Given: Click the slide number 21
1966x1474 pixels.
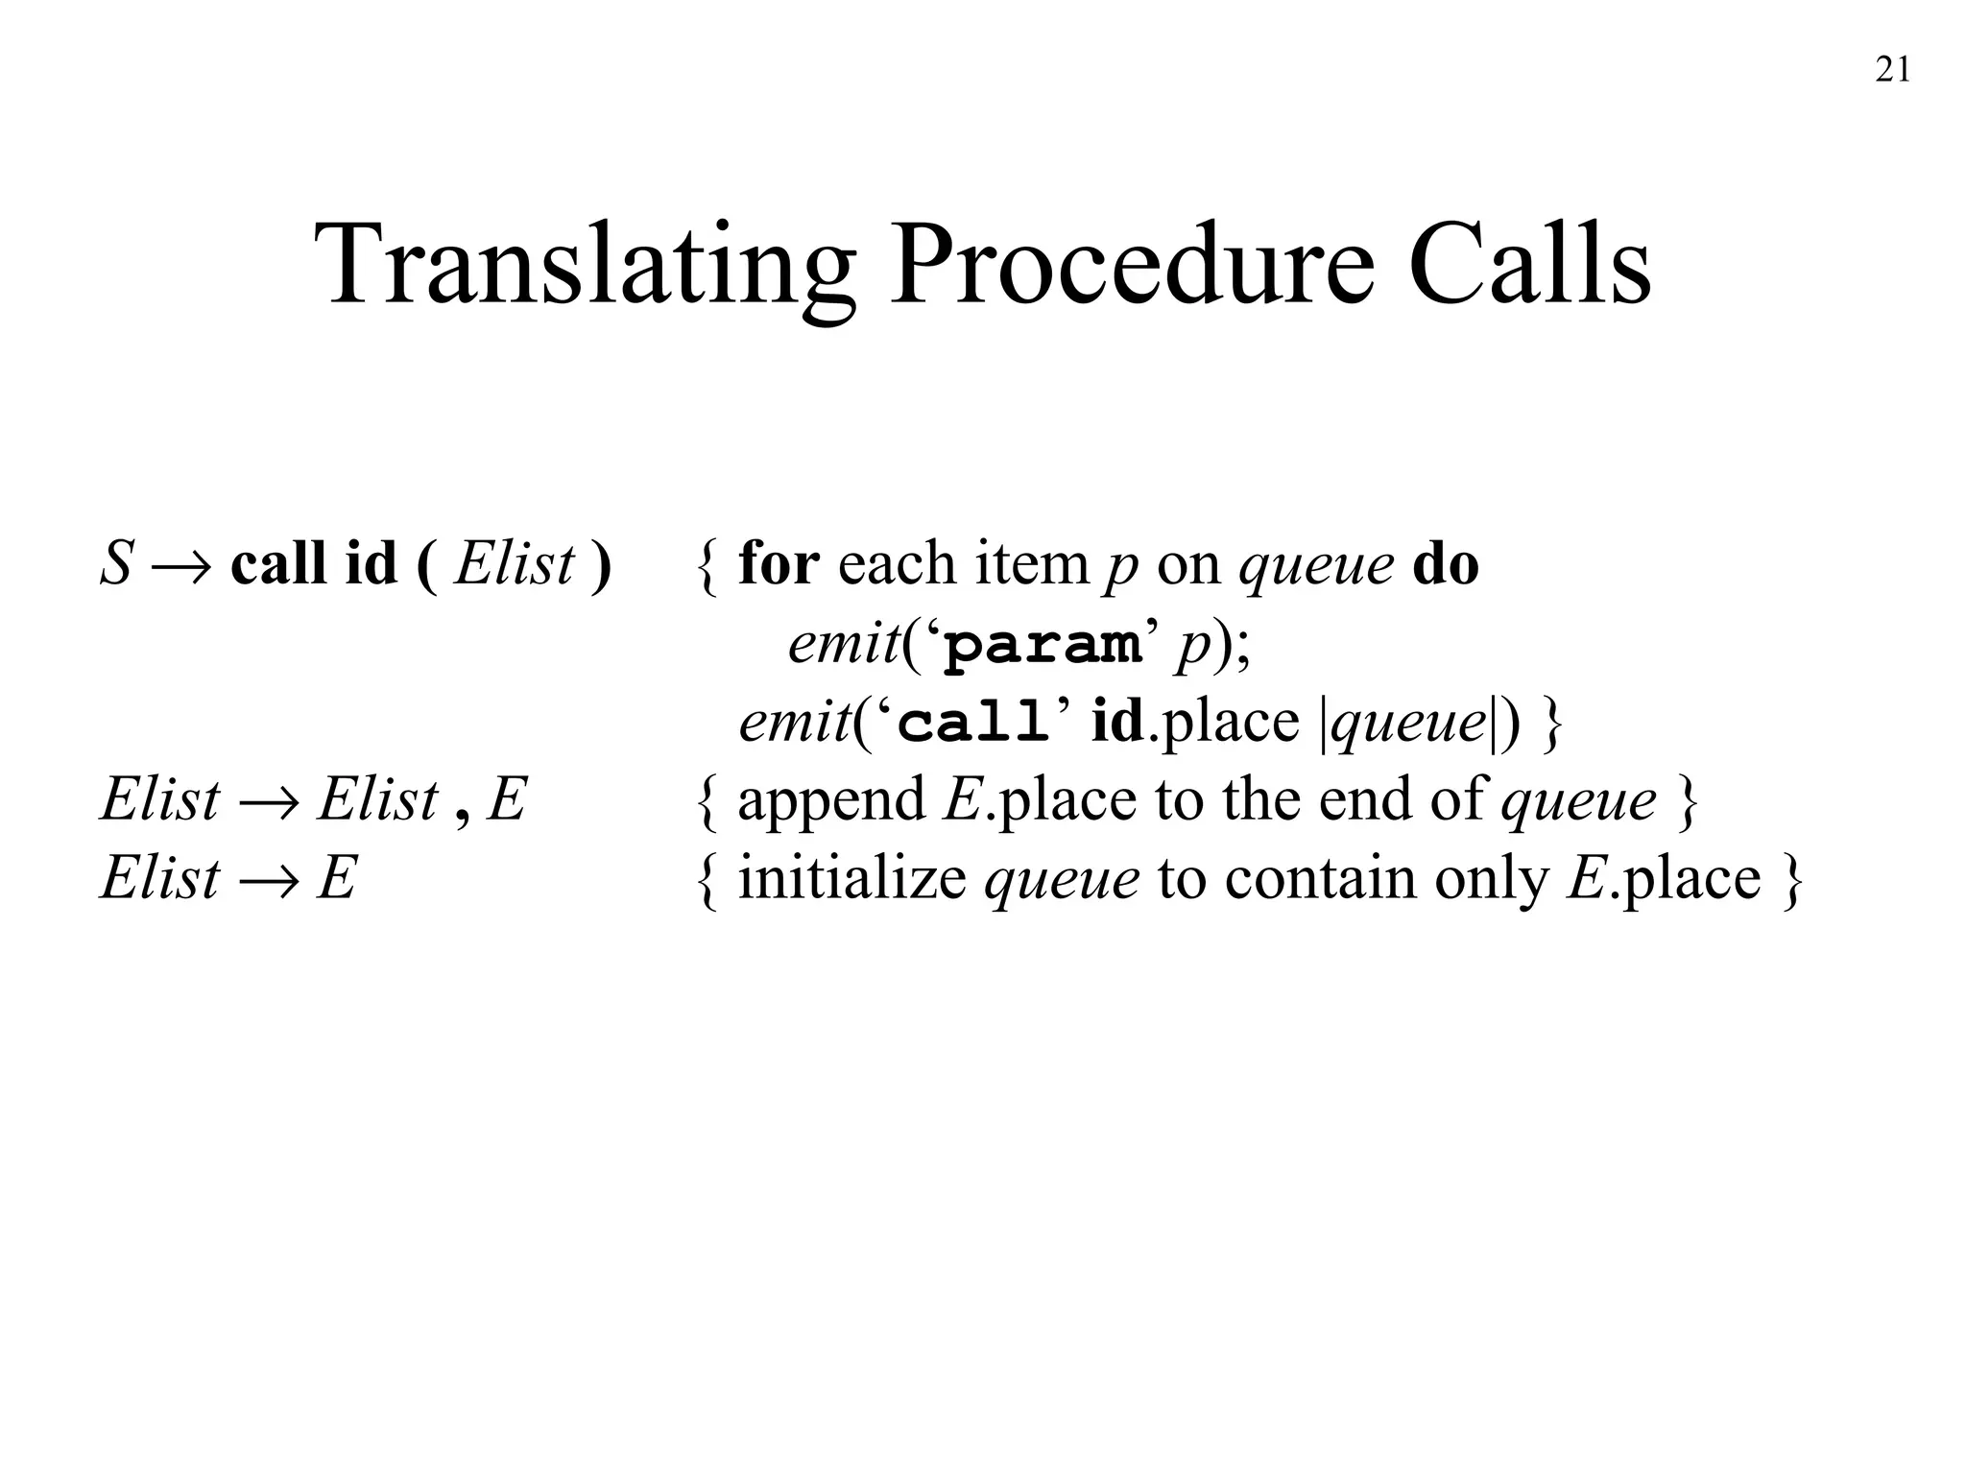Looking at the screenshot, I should tap(1892, 70).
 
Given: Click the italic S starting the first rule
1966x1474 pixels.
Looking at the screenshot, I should tap(115, 563).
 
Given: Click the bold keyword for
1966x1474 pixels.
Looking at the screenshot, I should tap(778, 563).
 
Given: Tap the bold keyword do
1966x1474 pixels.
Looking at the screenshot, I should tap(1446, 563).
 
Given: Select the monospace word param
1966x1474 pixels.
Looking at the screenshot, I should tap(1043, 646).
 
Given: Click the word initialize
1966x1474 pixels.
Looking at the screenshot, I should tap(851, 878).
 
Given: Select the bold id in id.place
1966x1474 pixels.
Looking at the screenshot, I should tap(1117, 721).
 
